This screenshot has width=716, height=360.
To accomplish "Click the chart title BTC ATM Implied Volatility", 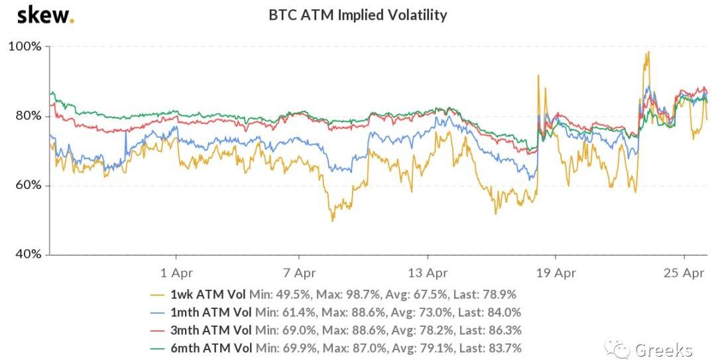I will pos(357,15).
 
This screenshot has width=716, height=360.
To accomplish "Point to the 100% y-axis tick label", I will pos(25,46).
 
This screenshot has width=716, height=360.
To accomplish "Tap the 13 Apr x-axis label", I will pos(427,272).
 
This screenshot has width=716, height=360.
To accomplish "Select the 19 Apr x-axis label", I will pos(555,272).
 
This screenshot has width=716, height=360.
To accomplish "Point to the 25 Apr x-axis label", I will pos(684,272).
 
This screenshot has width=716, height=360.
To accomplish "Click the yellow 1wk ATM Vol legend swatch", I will pos(158,294).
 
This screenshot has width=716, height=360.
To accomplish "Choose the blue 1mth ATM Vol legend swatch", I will pos(158,312).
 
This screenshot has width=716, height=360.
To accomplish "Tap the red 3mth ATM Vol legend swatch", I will pos(158,330).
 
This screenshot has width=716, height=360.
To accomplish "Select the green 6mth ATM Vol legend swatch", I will pos(158,348).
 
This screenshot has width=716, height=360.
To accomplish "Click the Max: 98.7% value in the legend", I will pos(349,294).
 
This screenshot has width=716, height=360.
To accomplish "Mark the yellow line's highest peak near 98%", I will pos(648,52).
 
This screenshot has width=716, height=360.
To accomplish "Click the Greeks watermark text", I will pos(664,349).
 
